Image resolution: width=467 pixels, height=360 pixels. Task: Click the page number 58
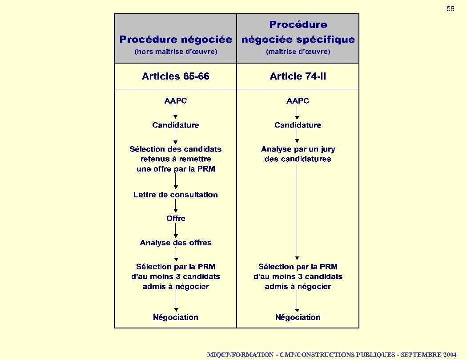450,9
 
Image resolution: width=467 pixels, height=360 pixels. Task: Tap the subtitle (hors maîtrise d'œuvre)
176,52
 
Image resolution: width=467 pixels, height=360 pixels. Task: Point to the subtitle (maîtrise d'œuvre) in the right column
298,52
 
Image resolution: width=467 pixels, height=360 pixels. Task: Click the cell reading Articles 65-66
176,76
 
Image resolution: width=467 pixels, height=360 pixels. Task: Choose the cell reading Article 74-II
298,76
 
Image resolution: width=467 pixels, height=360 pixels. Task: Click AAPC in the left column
176,101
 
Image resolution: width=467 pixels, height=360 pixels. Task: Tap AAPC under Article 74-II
298,101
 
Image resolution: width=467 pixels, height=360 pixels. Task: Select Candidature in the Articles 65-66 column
176,125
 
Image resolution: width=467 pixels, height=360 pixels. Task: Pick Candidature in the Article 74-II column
298,125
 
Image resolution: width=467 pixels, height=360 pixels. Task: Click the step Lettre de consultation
176,195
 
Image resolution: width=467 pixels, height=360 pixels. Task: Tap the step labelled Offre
176,219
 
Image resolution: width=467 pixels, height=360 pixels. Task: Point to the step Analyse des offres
176,243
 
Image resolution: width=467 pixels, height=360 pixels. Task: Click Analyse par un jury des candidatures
298,154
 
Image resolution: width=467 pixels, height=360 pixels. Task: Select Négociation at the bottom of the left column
176,317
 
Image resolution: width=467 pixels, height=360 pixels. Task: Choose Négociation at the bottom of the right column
298,317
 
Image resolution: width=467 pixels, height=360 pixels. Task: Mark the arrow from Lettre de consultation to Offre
176,206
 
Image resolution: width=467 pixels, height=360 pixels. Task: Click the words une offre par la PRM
176,169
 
